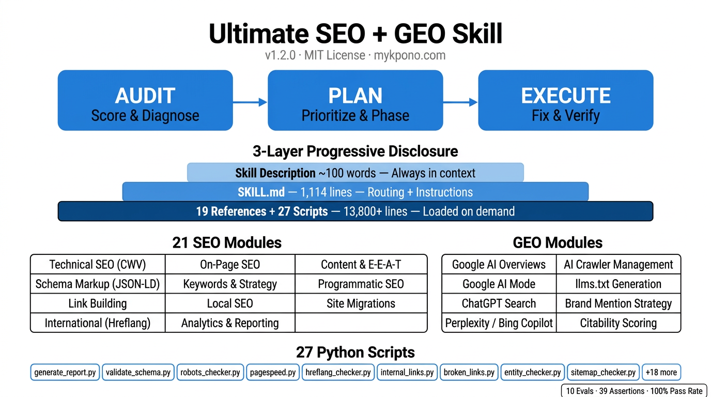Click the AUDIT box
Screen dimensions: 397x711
[x=145, y=100]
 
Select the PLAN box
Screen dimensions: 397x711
[x=355, y=100]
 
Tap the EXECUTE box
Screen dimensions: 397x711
[x=565, y=100]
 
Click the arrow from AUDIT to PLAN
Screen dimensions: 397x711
[x=250, y=102]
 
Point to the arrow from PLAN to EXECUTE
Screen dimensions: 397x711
[x=460, y=102]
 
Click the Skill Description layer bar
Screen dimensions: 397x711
[x=355, y=173]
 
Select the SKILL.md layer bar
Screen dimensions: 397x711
[x=355, y=192]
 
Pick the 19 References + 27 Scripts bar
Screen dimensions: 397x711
[x=355, y=211]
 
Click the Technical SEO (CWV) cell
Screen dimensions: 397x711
[x=98, y=265]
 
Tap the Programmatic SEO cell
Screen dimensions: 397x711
[x=361, y=284]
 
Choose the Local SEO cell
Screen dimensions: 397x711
[x=230, y=303]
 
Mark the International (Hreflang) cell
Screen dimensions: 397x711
[x=98, y=323]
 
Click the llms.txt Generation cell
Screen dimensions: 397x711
[x=619, y=284]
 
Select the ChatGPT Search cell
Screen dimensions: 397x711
[x=499, y=303]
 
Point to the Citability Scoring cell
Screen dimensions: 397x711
[x=619, y=323]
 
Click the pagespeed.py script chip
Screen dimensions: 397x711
[x=273, y=372]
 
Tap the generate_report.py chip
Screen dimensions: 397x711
[x=65, y=372]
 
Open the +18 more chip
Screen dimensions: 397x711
[x=661, y=372]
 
